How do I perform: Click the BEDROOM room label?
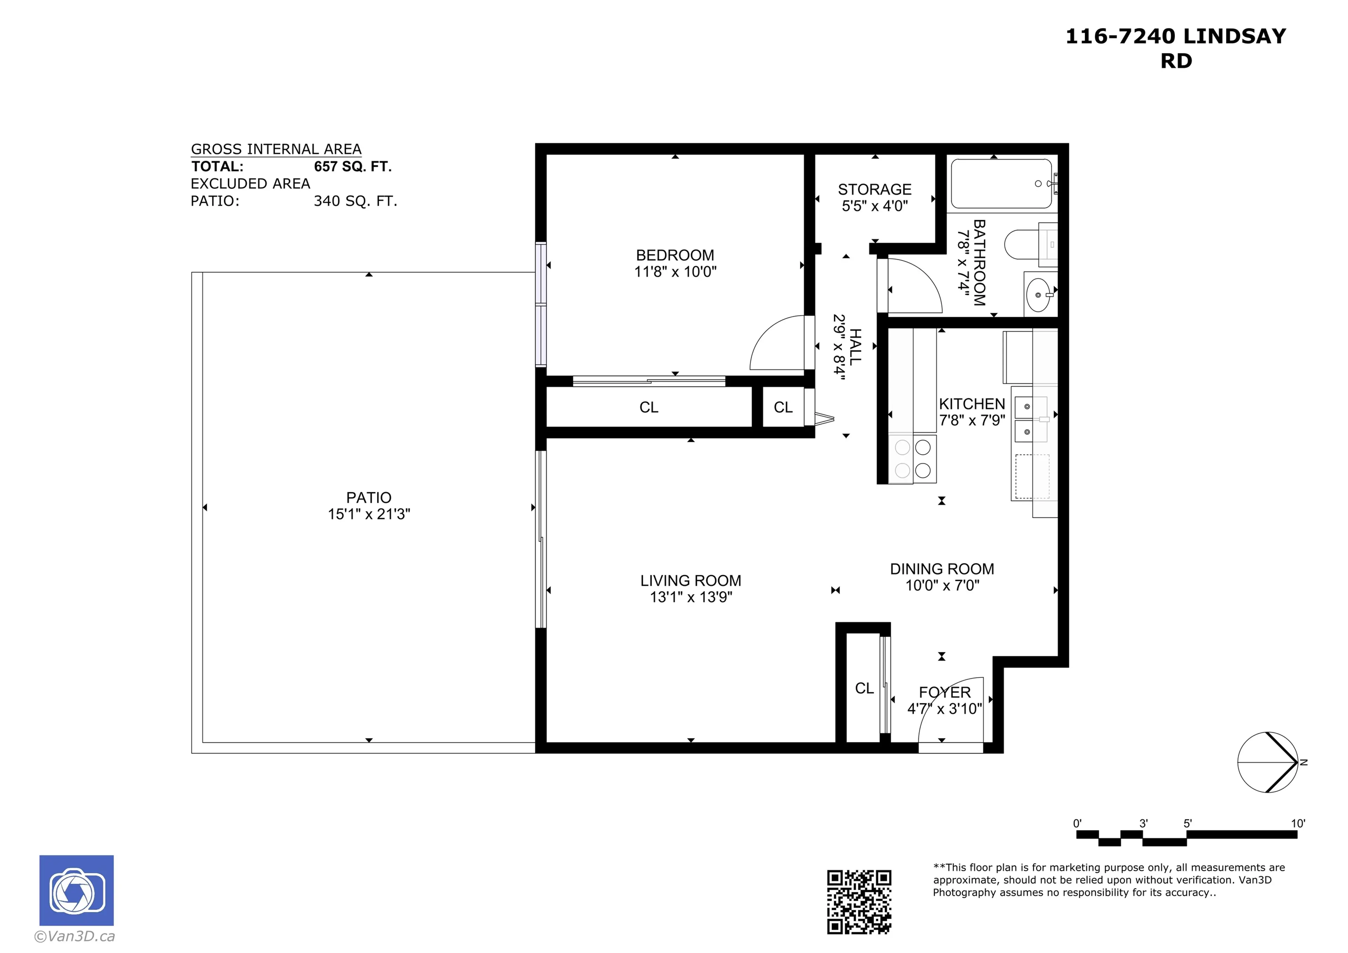point(675,256)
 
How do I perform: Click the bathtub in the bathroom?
point(1001,184)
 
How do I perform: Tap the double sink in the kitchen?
point(1030,419)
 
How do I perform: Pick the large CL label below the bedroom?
point(649,408)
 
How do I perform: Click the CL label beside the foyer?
point(864,688)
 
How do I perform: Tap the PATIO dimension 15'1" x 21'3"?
point(369,514)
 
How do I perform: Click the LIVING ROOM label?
point(690,581)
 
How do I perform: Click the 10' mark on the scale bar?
point(1297,824)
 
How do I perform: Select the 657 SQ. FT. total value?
point(352,167)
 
